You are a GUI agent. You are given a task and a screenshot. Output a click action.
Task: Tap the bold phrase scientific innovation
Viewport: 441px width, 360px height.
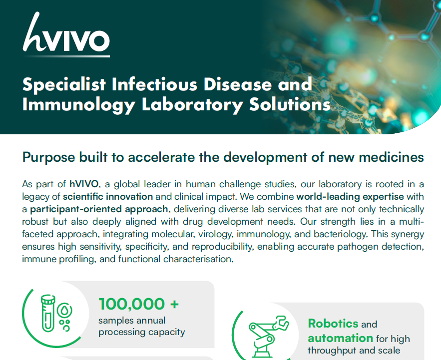pyautogui.click(x=107, y=196)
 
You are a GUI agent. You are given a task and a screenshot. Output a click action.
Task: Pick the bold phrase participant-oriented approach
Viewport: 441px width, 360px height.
pyautogui.click(x=92, y=209)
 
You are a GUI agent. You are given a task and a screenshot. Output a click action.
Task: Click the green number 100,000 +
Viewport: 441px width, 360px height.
pyautogui.click(x=139, y=304)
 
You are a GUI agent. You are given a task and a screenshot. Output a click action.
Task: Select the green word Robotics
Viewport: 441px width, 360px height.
pyautogui.click(x=333, y=324)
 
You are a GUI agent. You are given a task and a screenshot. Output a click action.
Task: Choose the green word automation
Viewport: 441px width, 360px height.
pyautogui.click(x=340, y=338)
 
